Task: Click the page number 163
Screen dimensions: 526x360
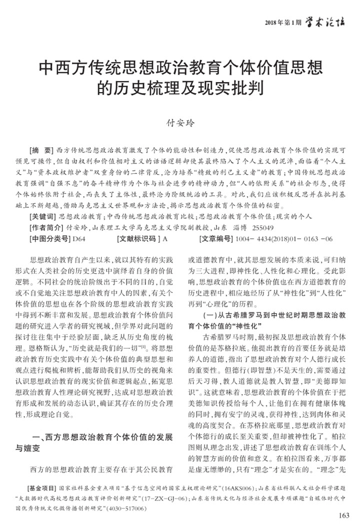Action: tap(344, 516)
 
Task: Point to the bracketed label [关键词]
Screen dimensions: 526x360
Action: tap(43, 217)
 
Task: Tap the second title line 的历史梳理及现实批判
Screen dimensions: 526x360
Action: tap(179, 87)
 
